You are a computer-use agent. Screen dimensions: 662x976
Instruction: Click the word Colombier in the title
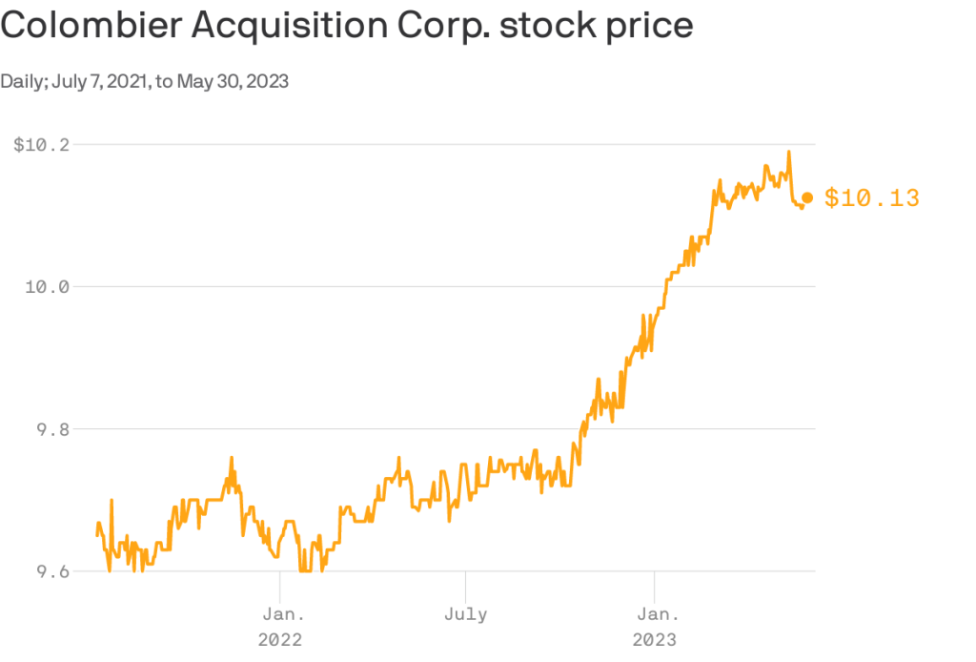pyautogui.click(x=90, y=26)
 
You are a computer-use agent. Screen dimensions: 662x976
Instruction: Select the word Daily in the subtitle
pyautogui.click(x=22, y=81)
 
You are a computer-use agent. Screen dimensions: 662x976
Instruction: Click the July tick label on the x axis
pyautogui.click(x=466, y=613)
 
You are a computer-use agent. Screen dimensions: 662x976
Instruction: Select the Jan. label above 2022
pyautogui.click(x=280, y=613)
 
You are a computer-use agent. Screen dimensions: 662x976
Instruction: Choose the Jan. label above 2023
pyautogui.click(x=655, y=613)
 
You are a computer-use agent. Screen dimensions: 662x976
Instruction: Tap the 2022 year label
pyautogui.click(x=280, y=639)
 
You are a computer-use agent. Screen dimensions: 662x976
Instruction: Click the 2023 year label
pyautogui.click(x=655, y=639)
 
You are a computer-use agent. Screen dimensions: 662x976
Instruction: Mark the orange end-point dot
pyautogui.click(x=807, y=197)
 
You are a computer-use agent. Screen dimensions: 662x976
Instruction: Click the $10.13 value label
pyautogui.click(x=871, y=198)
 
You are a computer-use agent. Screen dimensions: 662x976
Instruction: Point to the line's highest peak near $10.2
pyautogui.click(x=788, y=152)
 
